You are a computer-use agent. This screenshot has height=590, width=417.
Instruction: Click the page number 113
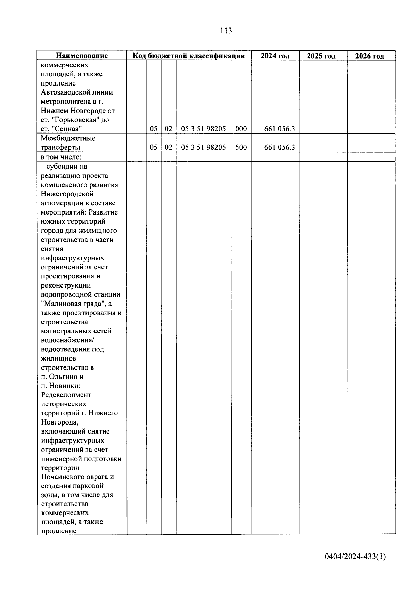pyautogui.click(x=226, y=31)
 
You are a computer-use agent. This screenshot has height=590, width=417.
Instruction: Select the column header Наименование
pyautogui.click(x=82, y=56)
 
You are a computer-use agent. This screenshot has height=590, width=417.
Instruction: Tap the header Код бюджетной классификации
pyautogui.click(x=189, y=56)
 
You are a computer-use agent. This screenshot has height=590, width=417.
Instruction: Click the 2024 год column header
pyautogui.click(x=275, y=56)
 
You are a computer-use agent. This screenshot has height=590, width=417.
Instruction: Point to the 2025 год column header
pyautogui.click(x=321, y=56)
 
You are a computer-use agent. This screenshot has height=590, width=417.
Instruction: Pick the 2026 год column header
pyautogui.click(x=369, y=56)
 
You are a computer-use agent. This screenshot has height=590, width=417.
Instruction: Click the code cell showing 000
pyautogui.click(x=241, y=129)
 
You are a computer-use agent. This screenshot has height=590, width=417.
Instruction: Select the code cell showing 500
pyautogui.click(x=241, y=147)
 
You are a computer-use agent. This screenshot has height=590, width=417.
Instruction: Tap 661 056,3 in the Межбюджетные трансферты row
pyautogui.click(x=279, y=147)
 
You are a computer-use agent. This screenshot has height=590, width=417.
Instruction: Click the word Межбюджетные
pyautogui.click(x=68, y=138)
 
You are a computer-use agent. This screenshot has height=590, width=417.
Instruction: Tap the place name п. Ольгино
pyautogui.click(x=62, y=377)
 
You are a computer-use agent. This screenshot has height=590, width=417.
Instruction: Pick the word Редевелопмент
pyautogui.click(x=66, y=395)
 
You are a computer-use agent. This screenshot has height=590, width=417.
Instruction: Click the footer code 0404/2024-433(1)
pyautogui.click(x=355, y=557)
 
